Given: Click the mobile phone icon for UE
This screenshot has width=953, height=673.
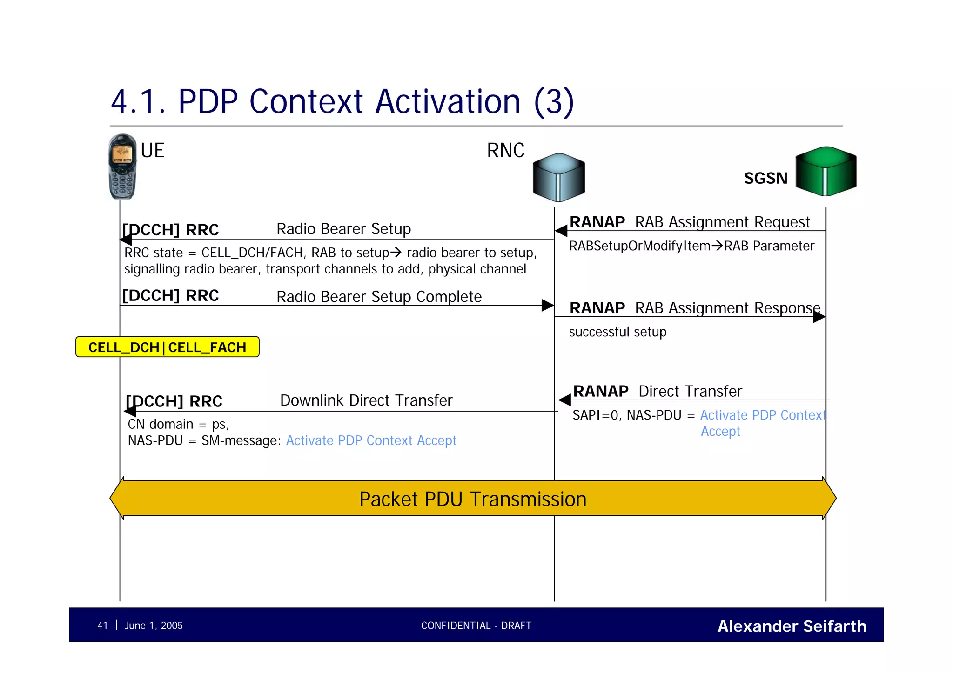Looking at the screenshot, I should [x=122, y=167].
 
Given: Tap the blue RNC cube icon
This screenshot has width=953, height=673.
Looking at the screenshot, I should [x=558, y=177].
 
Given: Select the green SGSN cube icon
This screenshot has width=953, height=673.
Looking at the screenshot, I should [x=826, y=171].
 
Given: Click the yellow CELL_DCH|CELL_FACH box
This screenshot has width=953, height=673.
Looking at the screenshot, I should [x=168, y=347].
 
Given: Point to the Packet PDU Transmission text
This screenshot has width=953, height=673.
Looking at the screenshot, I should [x=473, y=499].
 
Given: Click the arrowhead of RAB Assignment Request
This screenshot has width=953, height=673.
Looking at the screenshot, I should [x=561, y=231].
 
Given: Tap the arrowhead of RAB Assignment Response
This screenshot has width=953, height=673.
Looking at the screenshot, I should [x=819, y=317].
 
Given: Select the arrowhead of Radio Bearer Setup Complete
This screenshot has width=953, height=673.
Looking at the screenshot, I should [x=547, y=306].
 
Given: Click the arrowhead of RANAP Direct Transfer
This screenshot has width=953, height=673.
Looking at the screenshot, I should [x=564, y=400].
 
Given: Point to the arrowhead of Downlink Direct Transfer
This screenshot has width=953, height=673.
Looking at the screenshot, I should [x=130, y=411].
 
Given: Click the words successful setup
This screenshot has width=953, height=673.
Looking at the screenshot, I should [x=617, y=332].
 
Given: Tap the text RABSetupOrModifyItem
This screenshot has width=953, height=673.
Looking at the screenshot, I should [x=639, y=246].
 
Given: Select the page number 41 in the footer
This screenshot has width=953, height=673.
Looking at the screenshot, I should [x=102, y=626].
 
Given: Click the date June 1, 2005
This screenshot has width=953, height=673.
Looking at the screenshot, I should [x=154, y=626].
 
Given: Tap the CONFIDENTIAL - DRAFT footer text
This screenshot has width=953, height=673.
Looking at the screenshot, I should [x=476, y=626].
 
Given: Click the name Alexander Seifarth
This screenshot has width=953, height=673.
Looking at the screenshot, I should [x=792, y=626].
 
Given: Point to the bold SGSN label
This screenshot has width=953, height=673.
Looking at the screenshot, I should [x=765, y=178].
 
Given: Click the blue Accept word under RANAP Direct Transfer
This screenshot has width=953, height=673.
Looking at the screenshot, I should [x=720, y=432].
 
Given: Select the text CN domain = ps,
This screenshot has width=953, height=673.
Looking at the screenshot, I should [x=178, y=424].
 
